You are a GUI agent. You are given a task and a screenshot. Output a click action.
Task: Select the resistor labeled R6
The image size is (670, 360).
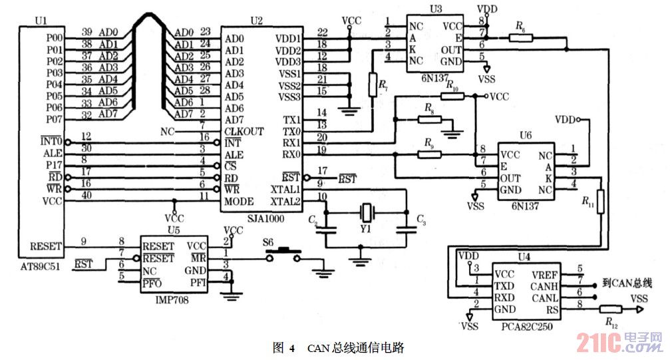click(521, 38)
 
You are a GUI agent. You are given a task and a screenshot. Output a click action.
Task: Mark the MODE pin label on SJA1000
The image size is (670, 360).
click(239, 201)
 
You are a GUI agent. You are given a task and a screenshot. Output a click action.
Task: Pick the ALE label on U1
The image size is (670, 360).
click(55, 153)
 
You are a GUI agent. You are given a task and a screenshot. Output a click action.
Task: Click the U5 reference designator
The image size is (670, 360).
click(174, 230)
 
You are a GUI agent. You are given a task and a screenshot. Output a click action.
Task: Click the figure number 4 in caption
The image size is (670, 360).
click(293, 347)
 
